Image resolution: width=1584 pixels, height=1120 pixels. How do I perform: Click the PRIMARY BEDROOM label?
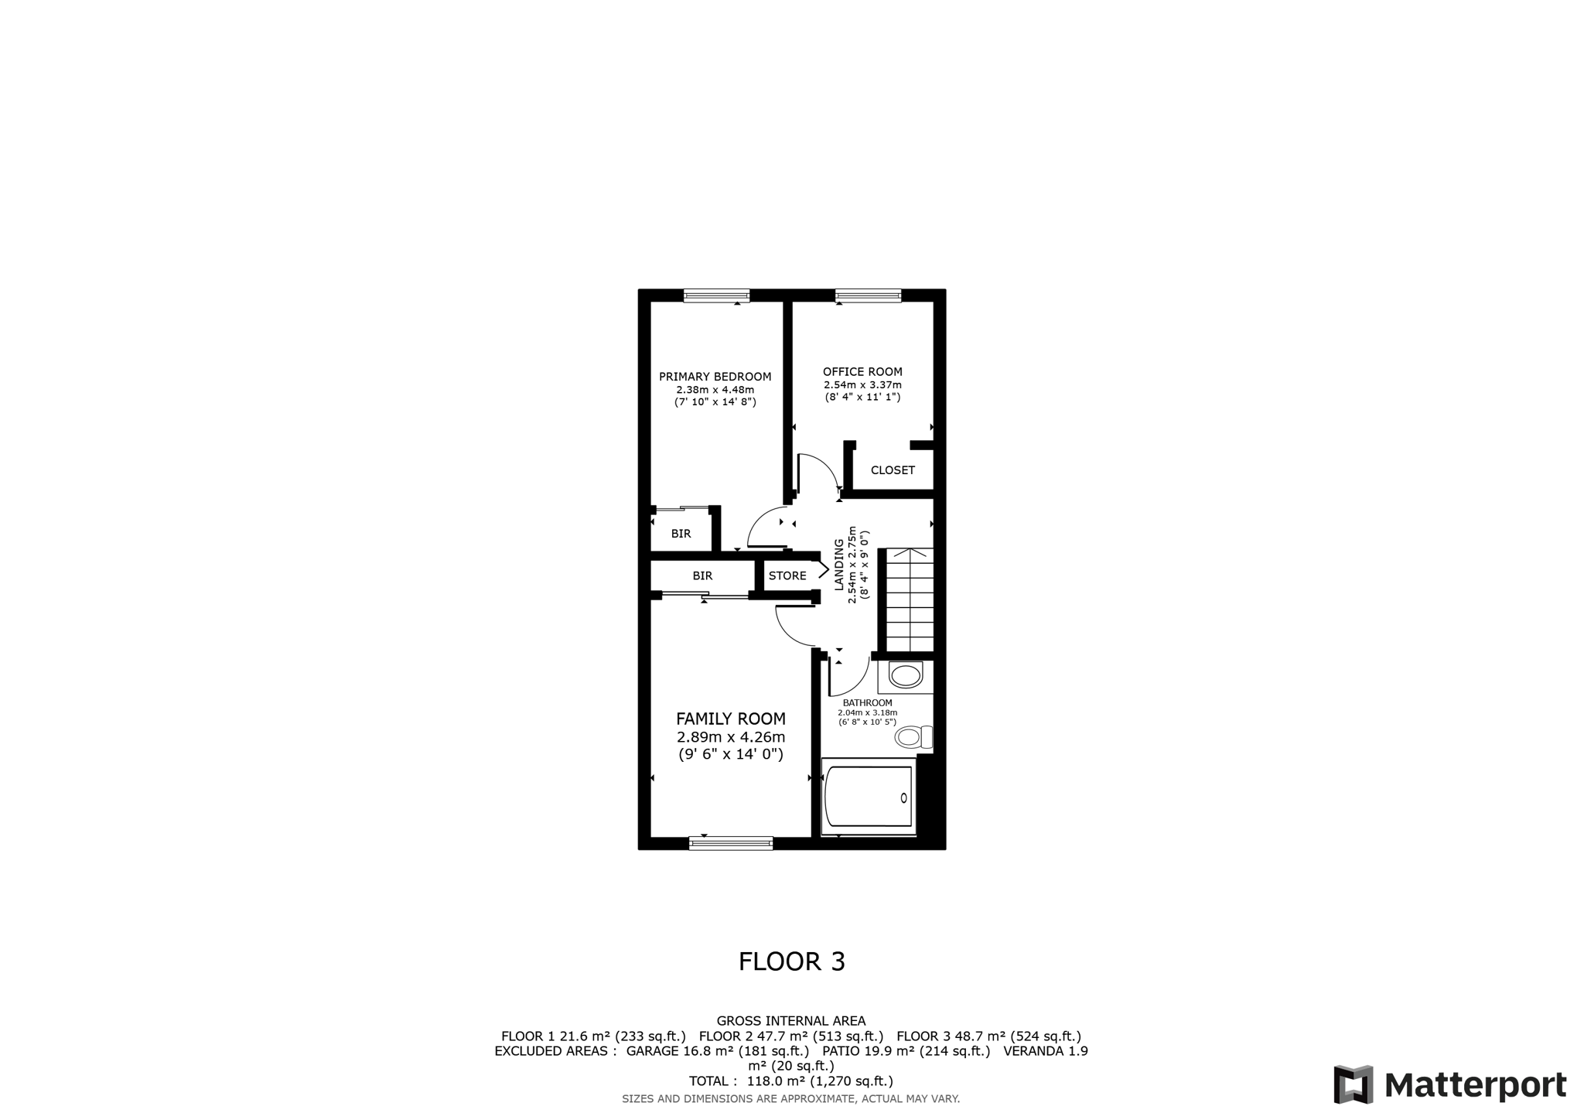(x=715, y=377)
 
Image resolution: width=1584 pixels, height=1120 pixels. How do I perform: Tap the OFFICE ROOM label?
(x=862, y=371)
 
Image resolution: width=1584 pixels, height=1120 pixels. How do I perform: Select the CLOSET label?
(x=893, y=470)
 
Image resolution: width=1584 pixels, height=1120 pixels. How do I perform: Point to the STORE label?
(x=787, y=575)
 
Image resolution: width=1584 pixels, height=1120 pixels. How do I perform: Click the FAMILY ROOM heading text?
(x=731, y=719)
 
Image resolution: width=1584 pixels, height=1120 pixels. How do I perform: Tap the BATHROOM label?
(x=867, y=702)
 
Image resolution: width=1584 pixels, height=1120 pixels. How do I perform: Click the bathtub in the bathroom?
(x=869, y=797)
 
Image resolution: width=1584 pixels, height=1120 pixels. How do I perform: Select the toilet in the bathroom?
(x=913, y=736)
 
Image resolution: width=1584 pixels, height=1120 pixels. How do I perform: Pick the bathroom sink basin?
(x=906, y=675)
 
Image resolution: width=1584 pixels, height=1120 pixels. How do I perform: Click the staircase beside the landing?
(x=910, y=600)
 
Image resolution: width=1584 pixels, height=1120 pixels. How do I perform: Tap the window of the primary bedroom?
(x=716, y=295)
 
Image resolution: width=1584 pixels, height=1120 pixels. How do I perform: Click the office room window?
(x=868, y=295)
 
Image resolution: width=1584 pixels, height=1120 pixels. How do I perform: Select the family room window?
(x=731, y=843)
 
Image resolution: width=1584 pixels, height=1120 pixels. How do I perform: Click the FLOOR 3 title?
(x=792, y=961)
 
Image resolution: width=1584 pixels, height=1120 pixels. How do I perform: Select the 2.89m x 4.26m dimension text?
(x=731, y=736)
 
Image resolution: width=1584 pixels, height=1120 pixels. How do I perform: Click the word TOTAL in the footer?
(x=708, y=1081)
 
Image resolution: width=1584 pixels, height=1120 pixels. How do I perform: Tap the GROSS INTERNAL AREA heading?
(x=791, y=1021)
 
